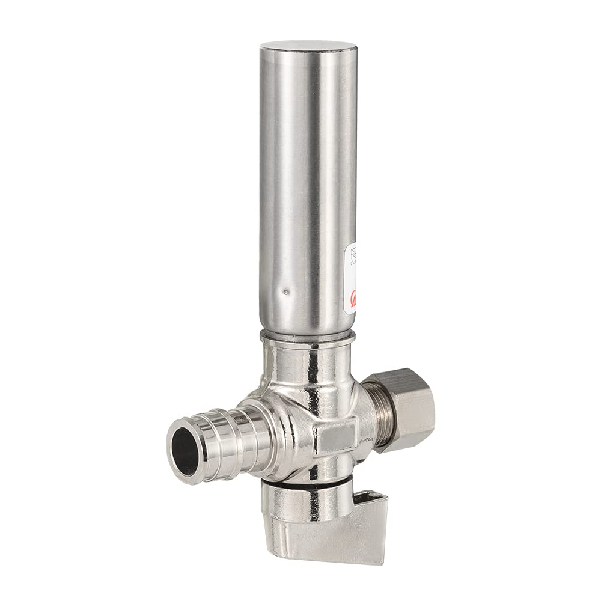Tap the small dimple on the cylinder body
[285, 291]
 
